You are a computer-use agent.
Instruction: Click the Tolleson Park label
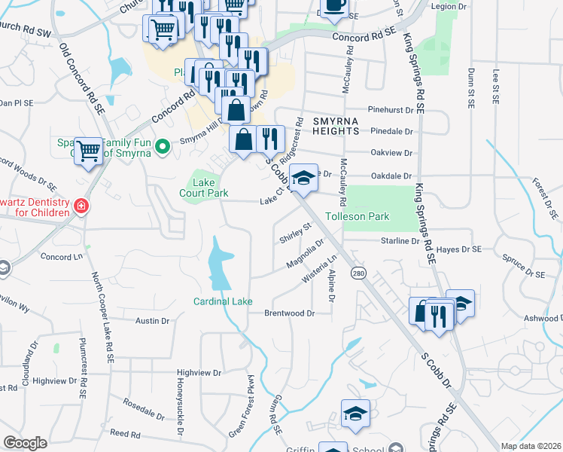tap(357, 216)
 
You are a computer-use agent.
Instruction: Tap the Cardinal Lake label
tap(223, 301)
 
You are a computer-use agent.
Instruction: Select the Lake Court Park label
tap(204, 188)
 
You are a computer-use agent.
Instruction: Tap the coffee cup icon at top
tap(336, 8)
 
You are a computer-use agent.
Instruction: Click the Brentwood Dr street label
tap(289, 313)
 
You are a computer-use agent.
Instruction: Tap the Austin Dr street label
tap(152, 321)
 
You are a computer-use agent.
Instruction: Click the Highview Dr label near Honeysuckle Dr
tap(198, 373)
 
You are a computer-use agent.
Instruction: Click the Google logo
tap(25, 443)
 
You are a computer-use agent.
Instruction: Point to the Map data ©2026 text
tap(531, 446)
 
